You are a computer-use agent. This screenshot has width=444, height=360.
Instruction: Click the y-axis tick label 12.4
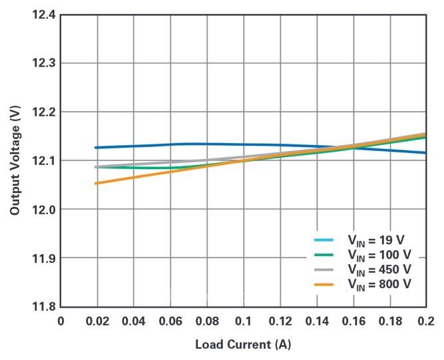tap(42, 15)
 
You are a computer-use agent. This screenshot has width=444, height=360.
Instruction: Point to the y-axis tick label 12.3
tap(42, 63)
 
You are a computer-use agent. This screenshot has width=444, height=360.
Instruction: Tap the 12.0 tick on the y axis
tap(42, 209)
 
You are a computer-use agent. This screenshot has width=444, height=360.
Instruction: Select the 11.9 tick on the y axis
tap(42, 258)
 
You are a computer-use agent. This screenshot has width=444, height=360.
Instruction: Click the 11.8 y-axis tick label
tap(42, 307)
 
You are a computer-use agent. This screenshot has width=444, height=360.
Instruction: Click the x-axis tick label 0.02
tap(97, 322)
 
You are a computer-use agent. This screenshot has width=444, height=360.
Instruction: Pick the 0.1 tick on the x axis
tap(243, 322)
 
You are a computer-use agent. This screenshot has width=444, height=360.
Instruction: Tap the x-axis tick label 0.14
tap(316, 322)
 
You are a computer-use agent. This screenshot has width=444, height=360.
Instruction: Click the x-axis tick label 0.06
tap(170, 322)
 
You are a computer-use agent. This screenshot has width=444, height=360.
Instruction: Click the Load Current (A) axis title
tap(243, 345)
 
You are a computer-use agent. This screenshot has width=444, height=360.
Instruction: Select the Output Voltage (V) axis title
tap(14, 160)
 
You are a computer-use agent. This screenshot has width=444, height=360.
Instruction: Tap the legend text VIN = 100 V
tap(379, 255)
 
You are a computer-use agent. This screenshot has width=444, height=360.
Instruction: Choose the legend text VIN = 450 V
tap(379, 270)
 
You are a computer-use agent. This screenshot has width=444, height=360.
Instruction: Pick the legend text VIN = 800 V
tap(379, 284)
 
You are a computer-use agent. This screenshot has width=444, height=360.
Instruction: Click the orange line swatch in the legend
tap(323, 284)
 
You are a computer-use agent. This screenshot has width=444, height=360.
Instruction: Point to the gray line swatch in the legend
tap(323, 270)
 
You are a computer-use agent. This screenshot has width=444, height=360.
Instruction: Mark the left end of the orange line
tap(97, 183)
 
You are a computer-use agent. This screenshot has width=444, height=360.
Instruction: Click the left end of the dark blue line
tap(97, 148)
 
